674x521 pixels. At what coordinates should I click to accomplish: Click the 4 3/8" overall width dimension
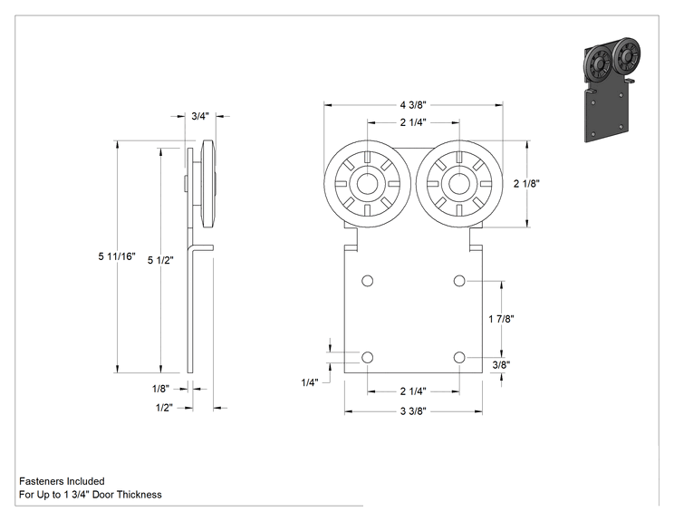click(x=413, y=105)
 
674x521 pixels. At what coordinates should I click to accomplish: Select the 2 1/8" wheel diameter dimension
click(x=526, y=184)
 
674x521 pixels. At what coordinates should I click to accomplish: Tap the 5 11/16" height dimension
click(x=117, y=256)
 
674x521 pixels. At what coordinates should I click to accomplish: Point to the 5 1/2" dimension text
click(x=160, y=260)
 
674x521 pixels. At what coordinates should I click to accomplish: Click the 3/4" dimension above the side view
click(x=200, y=116)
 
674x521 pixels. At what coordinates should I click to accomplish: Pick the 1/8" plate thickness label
click(x=160, y=389)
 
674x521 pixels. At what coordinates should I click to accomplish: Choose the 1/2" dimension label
click(x=164, y=408)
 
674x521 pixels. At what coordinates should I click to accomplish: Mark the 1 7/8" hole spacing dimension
click(x=501, y=319)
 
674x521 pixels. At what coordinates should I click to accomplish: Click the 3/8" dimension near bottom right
click(x=501, y=365)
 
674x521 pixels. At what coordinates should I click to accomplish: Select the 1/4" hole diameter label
click(x=310, y=382)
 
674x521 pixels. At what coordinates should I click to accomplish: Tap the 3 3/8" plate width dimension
click(x=413, y=411)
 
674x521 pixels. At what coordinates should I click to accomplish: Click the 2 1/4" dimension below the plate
click(x=413, y=391)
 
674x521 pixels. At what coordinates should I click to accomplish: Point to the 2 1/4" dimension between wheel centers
click(x=413, y=122)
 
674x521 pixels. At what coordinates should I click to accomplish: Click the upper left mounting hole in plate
click(x=367, y=281)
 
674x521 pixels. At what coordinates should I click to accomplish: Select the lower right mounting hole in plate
click(x=459, y=357)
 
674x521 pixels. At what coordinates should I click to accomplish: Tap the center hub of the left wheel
click(x=367, y=184)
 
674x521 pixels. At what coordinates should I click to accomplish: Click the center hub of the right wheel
click(x=459, y=184)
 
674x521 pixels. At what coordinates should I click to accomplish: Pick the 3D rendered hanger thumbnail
click(x=611, y=90)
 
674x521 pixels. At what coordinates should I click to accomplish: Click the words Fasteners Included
click(x=62, y=481)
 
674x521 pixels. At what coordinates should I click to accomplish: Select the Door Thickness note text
click(x=91, y=495)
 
